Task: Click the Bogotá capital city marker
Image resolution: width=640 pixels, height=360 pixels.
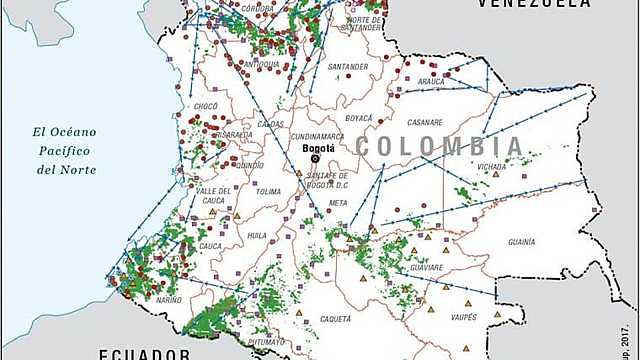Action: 315,157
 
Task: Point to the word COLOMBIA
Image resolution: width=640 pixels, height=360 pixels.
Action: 439,146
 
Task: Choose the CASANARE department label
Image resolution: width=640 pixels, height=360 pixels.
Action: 425,122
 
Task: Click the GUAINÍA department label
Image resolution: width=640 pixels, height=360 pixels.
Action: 521,241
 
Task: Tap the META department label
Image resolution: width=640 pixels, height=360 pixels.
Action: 337,203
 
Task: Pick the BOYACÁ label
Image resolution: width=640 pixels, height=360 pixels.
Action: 358,118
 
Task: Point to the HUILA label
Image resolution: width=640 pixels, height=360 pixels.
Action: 257,236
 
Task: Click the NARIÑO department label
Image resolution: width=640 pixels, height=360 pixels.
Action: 169,298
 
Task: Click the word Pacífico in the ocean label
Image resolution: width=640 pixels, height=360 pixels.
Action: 67,150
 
